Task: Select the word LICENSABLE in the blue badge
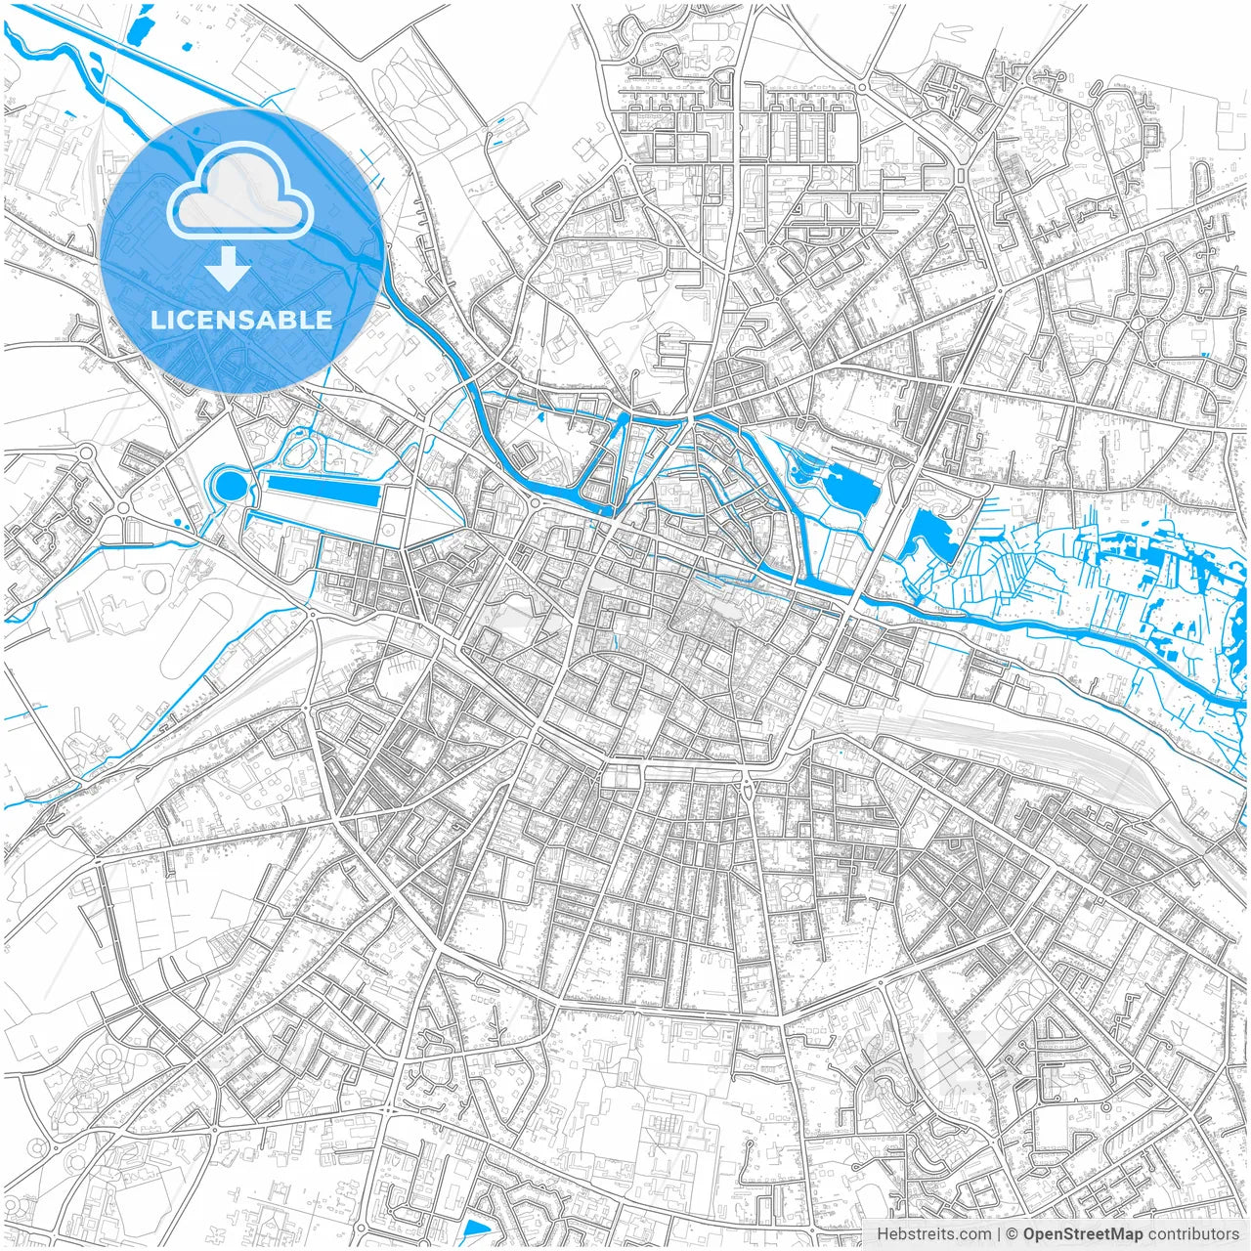pos(240,320)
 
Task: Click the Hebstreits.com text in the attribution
pos(933,1234)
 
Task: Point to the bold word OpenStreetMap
pos(1083,1234)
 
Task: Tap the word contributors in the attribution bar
pos(1193,1234)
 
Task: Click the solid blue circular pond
pos(230,484)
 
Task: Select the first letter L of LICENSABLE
pos(157,320)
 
